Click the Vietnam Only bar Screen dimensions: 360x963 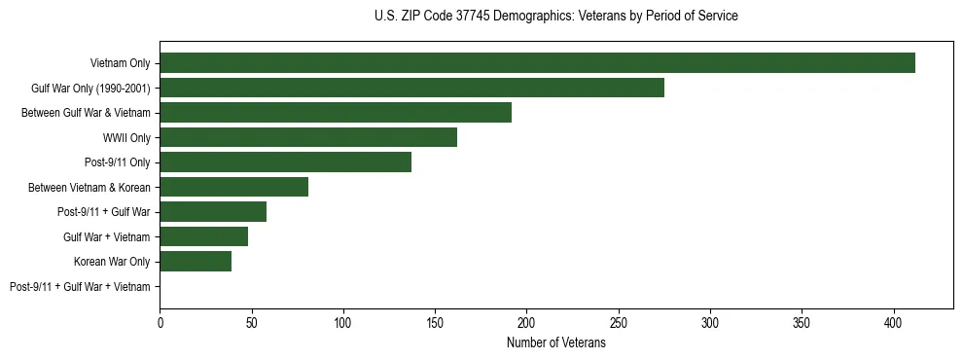coord(537,63)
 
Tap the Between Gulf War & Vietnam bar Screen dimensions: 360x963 coord(336,113)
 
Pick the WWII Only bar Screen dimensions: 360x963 coord(308,137)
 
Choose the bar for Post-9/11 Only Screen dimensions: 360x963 coord(285,162)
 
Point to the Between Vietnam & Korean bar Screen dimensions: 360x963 coord(233,187)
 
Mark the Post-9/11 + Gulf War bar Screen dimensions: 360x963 coord(213,212)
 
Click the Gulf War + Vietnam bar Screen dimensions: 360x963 coord(203,236)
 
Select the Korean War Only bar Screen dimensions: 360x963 coord(196,262)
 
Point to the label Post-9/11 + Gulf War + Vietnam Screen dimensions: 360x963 coord(80,287)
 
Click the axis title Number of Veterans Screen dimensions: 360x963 coord(556,343)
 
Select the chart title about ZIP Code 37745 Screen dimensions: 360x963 coord(556,17)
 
